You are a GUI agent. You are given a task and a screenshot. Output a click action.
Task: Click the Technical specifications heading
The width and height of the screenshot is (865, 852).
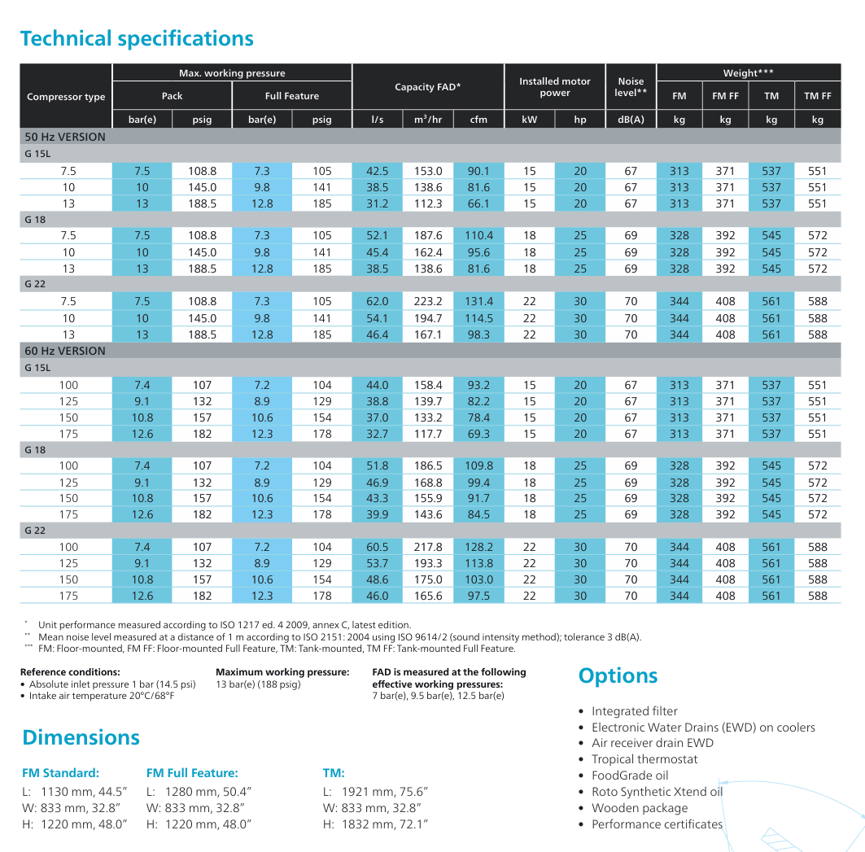click(137, 38)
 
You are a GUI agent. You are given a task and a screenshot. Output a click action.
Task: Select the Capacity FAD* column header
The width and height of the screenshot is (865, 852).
click(427, 86)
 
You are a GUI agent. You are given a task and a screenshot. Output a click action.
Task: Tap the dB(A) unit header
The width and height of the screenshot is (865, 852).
click(631, 120)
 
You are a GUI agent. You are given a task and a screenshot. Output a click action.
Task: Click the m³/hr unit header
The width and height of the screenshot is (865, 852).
click(428, 120)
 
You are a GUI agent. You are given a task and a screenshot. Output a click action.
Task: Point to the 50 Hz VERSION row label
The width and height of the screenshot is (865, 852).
click(65, 137)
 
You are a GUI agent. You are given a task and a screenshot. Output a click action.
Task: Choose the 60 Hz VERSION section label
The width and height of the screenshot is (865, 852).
click(65, 351)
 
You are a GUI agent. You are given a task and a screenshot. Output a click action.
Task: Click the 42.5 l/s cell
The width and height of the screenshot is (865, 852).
click(378, 171)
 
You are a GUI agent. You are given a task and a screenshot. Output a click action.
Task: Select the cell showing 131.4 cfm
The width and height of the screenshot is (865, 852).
click(478, 301)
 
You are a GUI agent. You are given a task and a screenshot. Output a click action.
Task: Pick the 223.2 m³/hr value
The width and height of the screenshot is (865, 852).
click(428, 301)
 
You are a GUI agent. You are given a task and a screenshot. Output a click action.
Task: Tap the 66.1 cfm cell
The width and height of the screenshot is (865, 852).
click(478, 203)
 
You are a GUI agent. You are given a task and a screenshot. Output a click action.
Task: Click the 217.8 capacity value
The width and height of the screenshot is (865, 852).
click(428, 547)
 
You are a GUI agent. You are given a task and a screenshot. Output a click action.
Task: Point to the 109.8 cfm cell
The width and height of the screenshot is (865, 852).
click(478, 465)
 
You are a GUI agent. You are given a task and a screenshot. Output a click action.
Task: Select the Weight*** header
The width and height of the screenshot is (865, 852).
click(748, 73)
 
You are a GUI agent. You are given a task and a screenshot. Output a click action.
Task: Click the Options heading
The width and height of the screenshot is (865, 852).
click(618, 675)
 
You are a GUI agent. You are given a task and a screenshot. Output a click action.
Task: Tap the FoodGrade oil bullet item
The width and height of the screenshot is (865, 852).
click(630, 776)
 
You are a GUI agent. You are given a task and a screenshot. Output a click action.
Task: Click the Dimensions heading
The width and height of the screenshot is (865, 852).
click(81, 737)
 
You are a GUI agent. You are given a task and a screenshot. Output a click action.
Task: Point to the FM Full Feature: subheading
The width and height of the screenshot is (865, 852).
click(192, 772)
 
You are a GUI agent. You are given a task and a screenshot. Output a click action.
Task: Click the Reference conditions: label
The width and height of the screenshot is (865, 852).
click(70, 672)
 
